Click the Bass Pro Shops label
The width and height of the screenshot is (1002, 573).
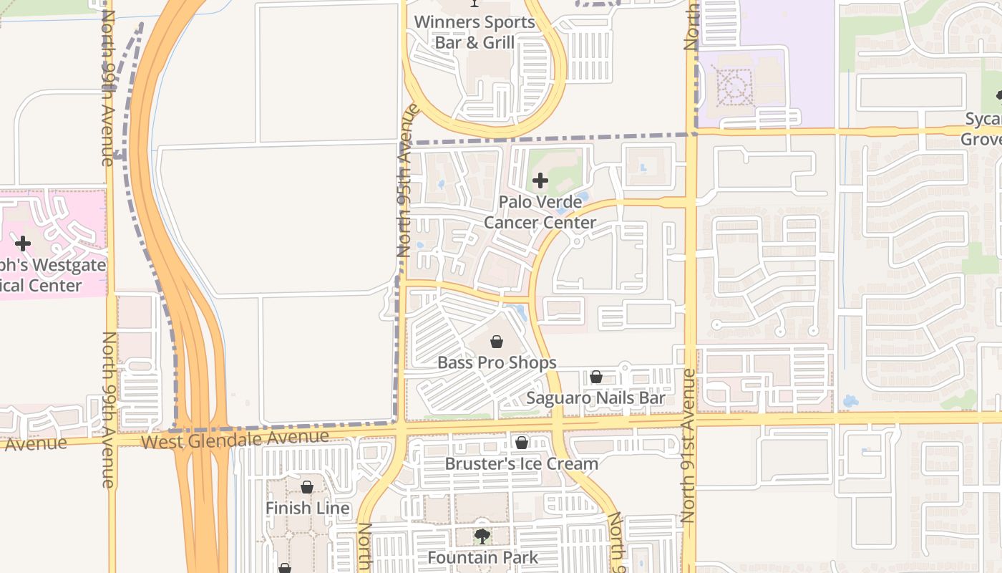pyautogui.click(x=497, y=362)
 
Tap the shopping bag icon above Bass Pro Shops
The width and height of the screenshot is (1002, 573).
pyautogui.click(x=497, y=342)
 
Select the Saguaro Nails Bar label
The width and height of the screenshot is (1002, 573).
pyautogui.click(x=595, y=398)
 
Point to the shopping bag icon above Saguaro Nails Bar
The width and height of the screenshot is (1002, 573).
pyautogui.click(x=595, y=377)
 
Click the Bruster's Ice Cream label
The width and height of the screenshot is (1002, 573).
pyautogui.click(x=521, y=463)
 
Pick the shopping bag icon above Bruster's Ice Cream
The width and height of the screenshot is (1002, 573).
pyautogui.click(x=522, y=443)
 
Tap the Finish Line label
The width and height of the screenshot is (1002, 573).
pyautogui.click(x=308, y=508)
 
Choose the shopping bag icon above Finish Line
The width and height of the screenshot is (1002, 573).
pyautogui.click(x=307, y=487)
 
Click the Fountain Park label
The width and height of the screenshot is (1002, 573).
pyautogui.click(x=482, y=557)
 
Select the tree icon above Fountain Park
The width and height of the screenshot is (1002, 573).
pyautogui.click(x=482, y=536)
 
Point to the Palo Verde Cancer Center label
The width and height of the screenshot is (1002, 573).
pyautogui.click(x=540, y=212)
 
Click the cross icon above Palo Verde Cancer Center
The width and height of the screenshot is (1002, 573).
pyautogui.click(x=540, y=180)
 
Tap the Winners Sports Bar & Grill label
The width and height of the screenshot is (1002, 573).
pyautogui.click(x=475, y=32)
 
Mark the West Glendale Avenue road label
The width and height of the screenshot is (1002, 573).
pyautogui.click(x=235, y=438)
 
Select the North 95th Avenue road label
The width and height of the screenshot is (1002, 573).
pyautogui.click(x=406, y=180)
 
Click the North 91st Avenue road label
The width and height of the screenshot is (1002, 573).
pyautogui.click(x=689, y=444)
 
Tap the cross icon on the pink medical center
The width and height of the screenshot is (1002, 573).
pyautogui.click(x=23, y=244)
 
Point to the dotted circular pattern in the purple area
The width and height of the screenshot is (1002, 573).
pyautogui.click(x=732, y=87)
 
